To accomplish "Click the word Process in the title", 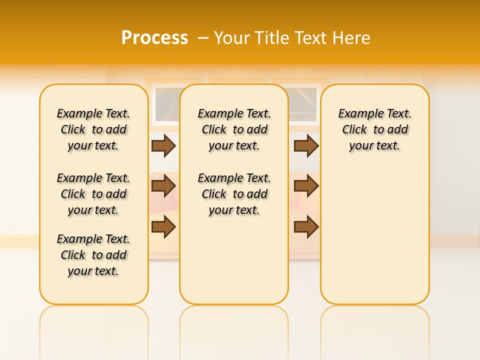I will click(154, 37).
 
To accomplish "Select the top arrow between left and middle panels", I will click(163, 145).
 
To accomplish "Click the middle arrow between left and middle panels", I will click(163, 186).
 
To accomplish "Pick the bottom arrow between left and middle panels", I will click(163, 227).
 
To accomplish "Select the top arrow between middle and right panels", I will click(306, 145).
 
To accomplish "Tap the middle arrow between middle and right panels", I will click(306, 186).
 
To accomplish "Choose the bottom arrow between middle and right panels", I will click(306, 227).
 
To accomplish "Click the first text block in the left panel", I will click(93, 129).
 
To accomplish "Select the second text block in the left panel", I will click(93, 194).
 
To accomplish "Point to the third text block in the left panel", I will click(93, 255).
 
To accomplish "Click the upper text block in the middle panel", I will click(234, 129).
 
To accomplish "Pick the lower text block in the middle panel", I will click(234, 194).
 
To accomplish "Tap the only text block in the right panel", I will click(375, 129).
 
